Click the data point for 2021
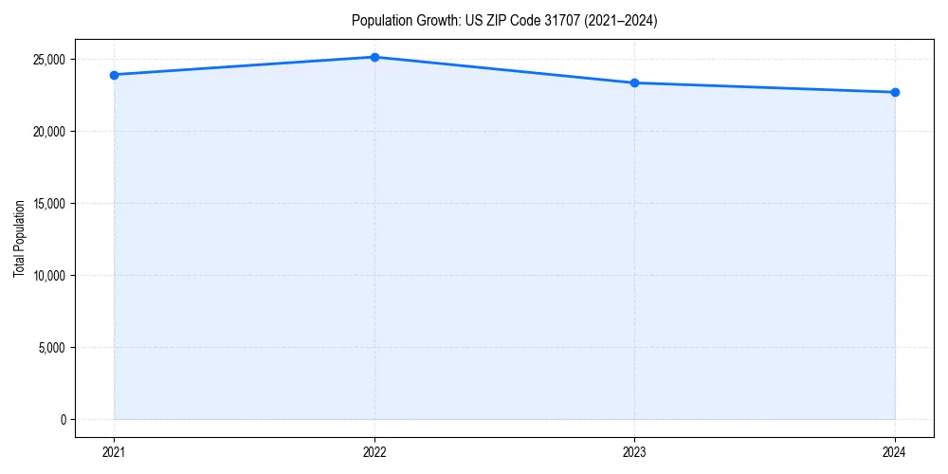coord(114,75)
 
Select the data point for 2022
coord(374,57)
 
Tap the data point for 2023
coord(634,82)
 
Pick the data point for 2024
coord(895,92)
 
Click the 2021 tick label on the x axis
coord(114,451)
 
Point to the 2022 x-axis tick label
coord(374,451)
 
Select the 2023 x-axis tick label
coord(634,451)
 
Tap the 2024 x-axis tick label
coord(895,451)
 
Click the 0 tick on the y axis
coord(63,420)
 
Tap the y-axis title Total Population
coord(19,239)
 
